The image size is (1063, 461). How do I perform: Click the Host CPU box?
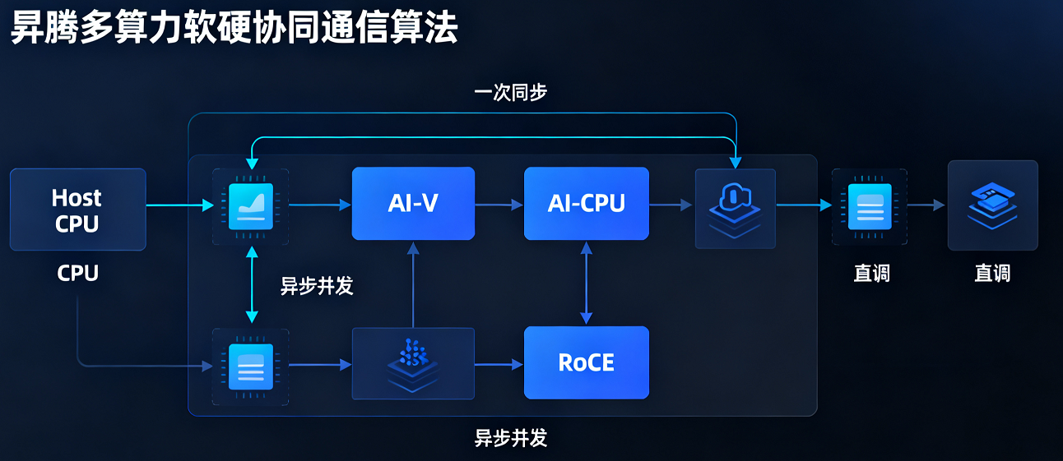pyautogui.click(x=77, y=210)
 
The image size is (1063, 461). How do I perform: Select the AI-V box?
pyautogui.click(x=413, y=203)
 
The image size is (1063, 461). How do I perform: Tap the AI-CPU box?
pyautogui.click(x=586, y=203)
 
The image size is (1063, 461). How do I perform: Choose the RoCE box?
pyautogui.click(x=586, y=362)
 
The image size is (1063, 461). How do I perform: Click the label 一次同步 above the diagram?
pyautogui.click(x=511, y=92)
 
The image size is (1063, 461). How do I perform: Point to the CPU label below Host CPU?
pyautogui.click(x=77, y=274)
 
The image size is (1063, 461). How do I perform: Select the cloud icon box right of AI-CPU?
pyautogui.click(x=735, y=208)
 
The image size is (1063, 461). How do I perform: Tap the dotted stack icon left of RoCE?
pyautogui.click(x=413, y=362)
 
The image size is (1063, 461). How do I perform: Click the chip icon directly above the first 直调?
pyautogui.click(x=870, y=207)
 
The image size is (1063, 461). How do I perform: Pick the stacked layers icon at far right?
pyautogui.click(x=992, y=205)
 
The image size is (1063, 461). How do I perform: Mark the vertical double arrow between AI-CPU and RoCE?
pyautogui.click(x=586, y=283)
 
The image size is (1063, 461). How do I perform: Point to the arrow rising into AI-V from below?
pyautogui.click(x=413, y=284)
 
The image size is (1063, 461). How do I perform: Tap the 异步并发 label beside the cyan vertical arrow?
pyautogui.click(x=317, y=285)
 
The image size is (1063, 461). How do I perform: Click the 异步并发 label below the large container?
pyautogui.click(x=511, y=438)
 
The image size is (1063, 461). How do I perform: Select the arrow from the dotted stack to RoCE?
pyautogui.click(x=499, y=363)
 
